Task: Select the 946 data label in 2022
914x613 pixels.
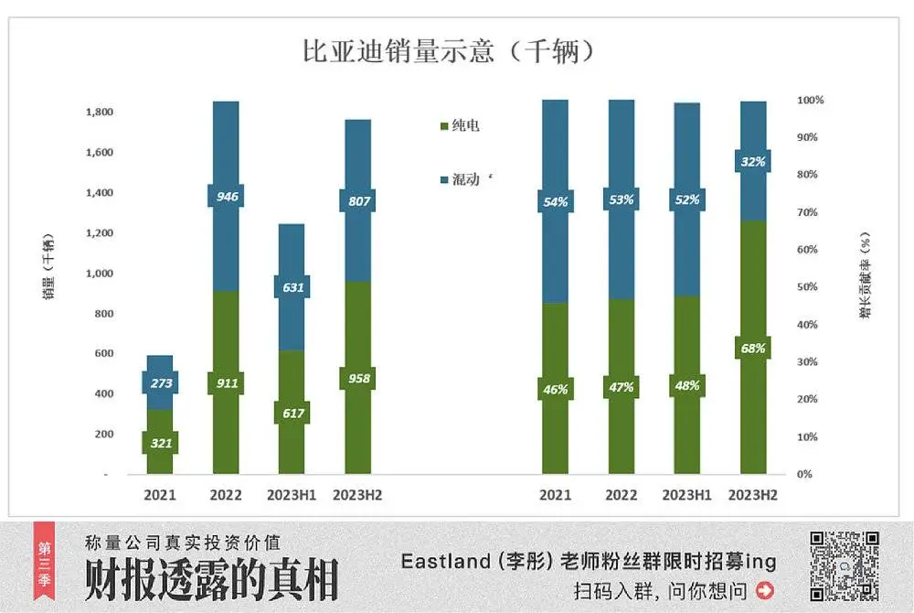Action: (x=226, y=196)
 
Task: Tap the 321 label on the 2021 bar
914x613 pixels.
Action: (x=160, y=444)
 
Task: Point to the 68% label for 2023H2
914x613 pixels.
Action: (x=753, y=348)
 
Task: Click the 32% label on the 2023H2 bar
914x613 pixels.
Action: (x=753, y=162)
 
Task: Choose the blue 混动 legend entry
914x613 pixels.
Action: (x=465, y=179)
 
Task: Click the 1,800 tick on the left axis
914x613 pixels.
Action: (x=99, y=113)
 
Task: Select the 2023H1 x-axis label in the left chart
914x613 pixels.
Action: (x=292, y=495)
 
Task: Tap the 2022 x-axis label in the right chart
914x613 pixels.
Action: (x=622, y=495)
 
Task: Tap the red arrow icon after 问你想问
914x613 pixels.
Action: (x=764, y=590)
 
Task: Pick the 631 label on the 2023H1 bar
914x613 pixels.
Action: (x=292, y=287)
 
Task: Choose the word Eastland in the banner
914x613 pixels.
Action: (x=446, y=562)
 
